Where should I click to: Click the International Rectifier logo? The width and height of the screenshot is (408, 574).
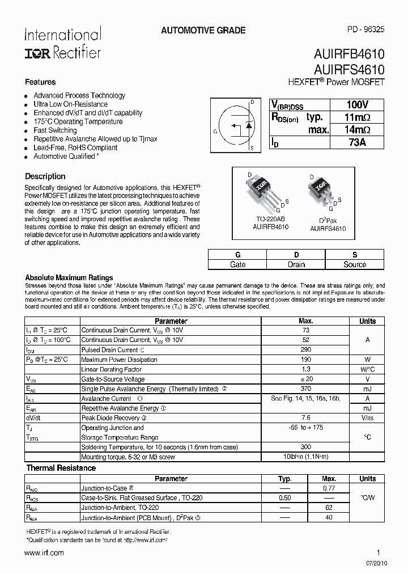[62, 43]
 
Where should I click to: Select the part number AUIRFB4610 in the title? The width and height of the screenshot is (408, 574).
[348, 55]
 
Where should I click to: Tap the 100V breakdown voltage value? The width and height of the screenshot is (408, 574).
[357, 105]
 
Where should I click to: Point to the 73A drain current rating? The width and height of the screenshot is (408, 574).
[357, 142]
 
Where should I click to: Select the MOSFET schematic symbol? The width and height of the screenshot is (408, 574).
[236, 124]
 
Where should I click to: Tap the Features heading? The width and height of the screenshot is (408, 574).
[40, 82]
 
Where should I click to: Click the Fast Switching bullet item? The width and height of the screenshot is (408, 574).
[55, 130]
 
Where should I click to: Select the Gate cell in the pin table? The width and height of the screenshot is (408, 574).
[237, 264]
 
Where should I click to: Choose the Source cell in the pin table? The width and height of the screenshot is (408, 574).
[355, 264]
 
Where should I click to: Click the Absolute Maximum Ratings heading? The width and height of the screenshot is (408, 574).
[69, 277]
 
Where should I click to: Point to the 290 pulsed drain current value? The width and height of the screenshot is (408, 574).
[305, 350]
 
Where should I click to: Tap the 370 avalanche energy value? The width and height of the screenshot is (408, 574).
[305, 389]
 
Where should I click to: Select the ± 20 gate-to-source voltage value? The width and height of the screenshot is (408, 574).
[305, 379]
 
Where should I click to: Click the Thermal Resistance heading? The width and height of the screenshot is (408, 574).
[61, 468]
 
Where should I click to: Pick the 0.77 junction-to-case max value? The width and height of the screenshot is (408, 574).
[329, 488]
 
